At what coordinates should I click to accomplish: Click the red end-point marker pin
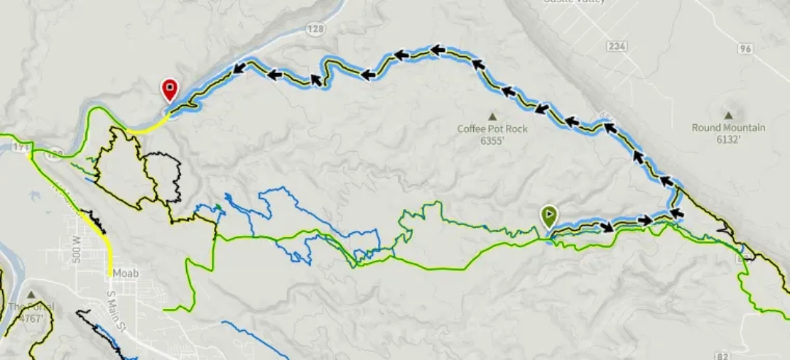point(169,90)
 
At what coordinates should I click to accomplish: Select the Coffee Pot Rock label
point(492,129)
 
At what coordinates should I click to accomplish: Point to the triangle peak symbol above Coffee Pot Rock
point(492,116)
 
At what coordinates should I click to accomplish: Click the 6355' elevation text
point(493,142)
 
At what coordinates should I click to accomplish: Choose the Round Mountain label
point(728,128)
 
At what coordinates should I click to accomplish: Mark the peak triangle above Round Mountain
point(728,115)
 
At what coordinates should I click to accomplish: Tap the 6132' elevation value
point(728,140)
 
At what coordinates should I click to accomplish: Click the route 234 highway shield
point(616,46)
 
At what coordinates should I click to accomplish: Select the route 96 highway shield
point(744,49)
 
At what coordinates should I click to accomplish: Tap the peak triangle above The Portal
point(31,294)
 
